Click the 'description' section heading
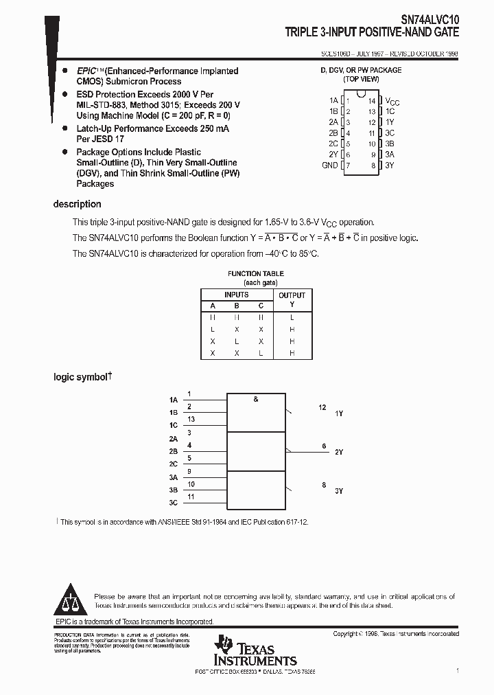point(77,204)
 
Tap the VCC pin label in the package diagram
point(392,101)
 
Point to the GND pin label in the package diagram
point(329,166)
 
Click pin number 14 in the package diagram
point(372,100)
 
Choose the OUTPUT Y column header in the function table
point(292,299)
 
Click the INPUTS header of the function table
point(237,295)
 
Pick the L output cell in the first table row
point(292,318)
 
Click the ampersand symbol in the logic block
point(256,399)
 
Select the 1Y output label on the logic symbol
point(338,413)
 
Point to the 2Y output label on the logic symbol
point(338,452)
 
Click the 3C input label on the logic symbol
point(173,503)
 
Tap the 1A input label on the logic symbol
point(173,399)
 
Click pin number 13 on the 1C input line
point(191,419)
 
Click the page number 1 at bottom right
point(457,670)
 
